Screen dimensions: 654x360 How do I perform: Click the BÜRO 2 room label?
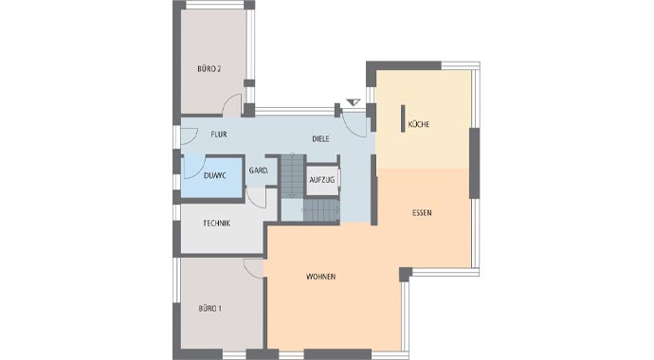[209, 69]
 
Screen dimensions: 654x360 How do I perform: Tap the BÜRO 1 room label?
[209, 309]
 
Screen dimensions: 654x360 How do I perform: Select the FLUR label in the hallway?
[219, 135]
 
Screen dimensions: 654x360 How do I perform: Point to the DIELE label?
[320, 138]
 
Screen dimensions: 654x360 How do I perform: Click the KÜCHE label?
[419, 124]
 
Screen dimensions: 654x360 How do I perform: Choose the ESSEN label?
[422, 212]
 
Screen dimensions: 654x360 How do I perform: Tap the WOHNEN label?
[320, 277]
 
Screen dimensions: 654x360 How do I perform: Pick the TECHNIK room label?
[216, 224]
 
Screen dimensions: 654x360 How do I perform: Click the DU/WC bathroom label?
[215, 176]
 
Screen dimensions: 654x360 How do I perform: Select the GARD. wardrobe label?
[259, 171]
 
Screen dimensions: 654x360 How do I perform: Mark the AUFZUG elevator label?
[321, 180]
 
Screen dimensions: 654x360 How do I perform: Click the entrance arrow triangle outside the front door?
[354, 102]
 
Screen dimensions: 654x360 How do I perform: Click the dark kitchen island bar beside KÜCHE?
[403, 118]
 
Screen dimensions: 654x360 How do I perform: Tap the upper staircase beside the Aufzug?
[293, 175]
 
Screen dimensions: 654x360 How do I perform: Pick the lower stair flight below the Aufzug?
[321, 210]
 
